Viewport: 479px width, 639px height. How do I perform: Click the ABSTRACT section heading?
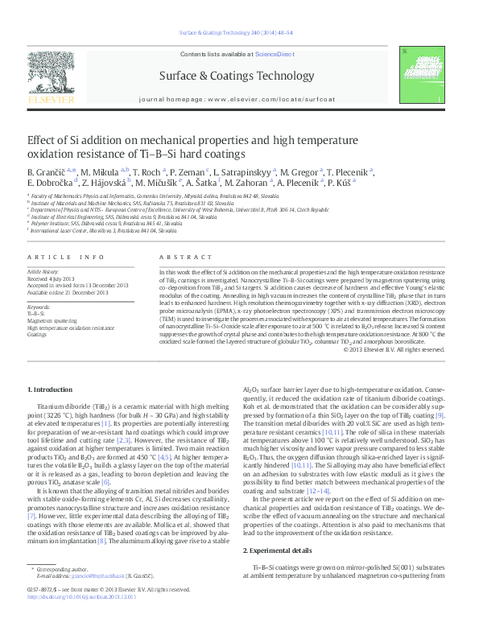(x=180, y=256)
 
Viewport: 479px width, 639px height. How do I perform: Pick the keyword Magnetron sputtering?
(x=52, y=320)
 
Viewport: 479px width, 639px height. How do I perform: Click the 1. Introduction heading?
(x=50, y=390)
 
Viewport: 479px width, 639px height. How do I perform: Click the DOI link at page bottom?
(x=81, y=620)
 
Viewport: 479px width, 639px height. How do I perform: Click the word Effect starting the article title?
(x=43, y=138)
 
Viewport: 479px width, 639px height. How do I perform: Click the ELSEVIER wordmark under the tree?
(x=51, y=100)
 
